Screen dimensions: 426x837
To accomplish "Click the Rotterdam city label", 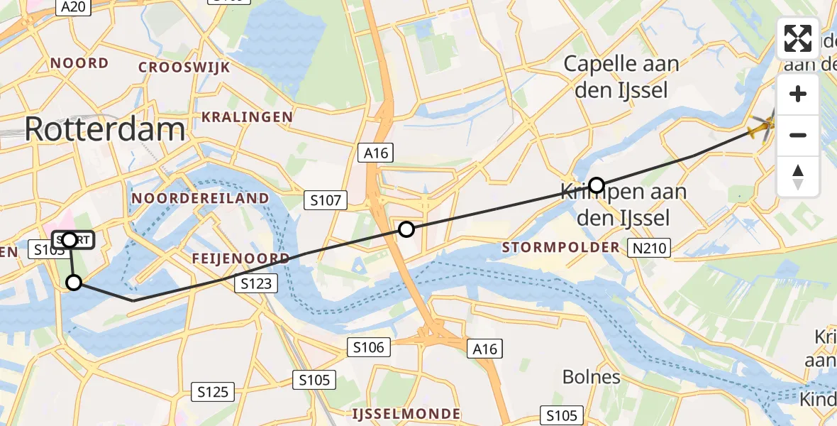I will pyautogui.click(x=105, y=129).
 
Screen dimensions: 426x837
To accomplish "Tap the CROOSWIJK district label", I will pyautogui.click(x=184, y=67).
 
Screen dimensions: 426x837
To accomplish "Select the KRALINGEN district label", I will pyautogui.click(x=247, y=116).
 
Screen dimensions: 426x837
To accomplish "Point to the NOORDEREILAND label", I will pyautogui.click(x=201, y=198).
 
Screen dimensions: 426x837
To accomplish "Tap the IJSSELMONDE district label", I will pyautogui.click(x=406, y=413).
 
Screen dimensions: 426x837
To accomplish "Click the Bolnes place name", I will pyautogui.click(x=592, y=376).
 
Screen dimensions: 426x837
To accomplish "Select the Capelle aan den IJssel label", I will pyautogui.click(x=621, y=77).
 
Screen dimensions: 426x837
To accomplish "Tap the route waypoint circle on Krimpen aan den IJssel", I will pyautogui.click(x=597, y=185).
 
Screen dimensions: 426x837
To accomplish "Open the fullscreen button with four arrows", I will pyautogui.click(x=798, y=38).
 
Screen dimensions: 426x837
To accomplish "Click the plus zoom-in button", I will pyautogui.click(x=798, y=94).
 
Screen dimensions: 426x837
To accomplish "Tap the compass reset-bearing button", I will pyautogui.click(x=798, y=175).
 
